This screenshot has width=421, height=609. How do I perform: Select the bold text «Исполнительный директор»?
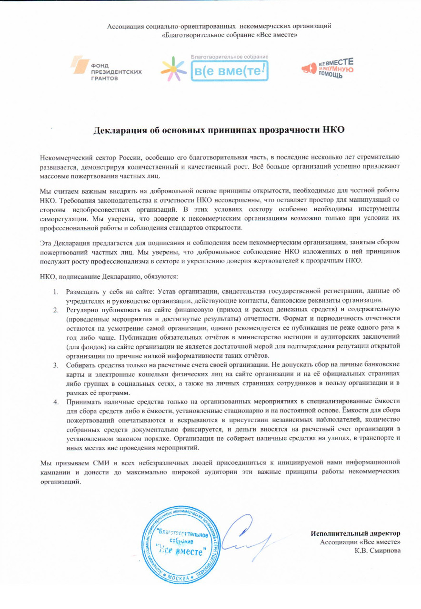pyautogui.click(x=356, y=533)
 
